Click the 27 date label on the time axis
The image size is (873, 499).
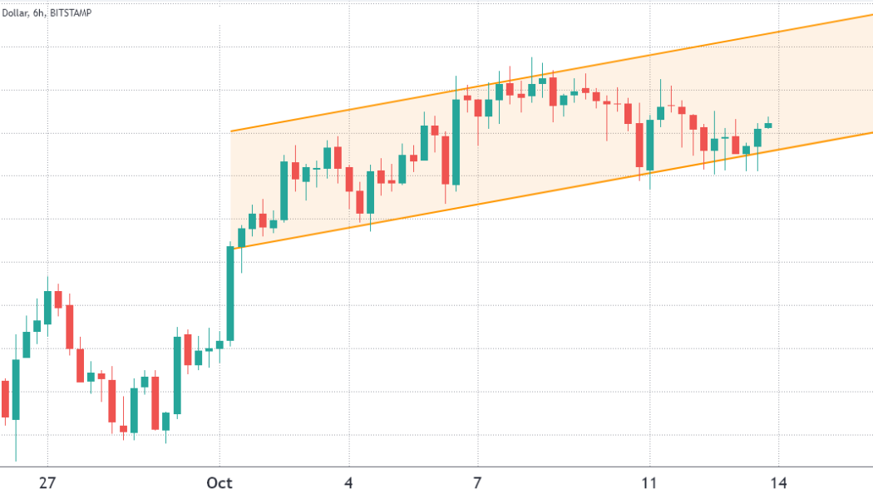pyautogui.click(x=47, y=482)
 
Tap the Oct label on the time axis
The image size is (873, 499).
pyautogui.click(x=219, y=482)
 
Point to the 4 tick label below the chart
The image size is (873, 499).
pyautogui.click(x=349, y=482)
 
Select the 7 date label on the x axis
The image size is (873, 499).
pyautogui.click(x=478, y=482)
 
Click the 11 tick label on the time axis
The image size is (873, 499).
pyautogui.click(x=649, y=482)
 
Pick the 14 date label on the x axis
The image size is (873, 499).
pyautogui.click(x=779, y=482)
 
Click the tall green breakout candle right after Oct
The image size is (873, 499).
pyautogui.click(x=230, y=293)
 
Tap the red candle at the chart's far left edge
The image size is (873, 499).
pyautogui.click(x=5, y=399)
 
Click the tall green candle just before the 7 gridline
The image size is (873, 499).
pyautogui.click(x=456, y=141)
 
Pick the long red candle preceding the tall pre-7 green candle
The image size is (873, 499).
pyautogui.click(x=446, y=160)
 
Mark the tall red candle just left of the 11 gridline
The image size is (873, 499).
pyautogui.click(x=639, y=145)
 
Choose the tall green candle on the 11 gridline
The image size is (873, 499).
pyautogui.click(x=649, y=146)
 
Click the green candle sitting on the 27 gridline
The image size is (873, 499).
pyautogui.click(x=47, y=308)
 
